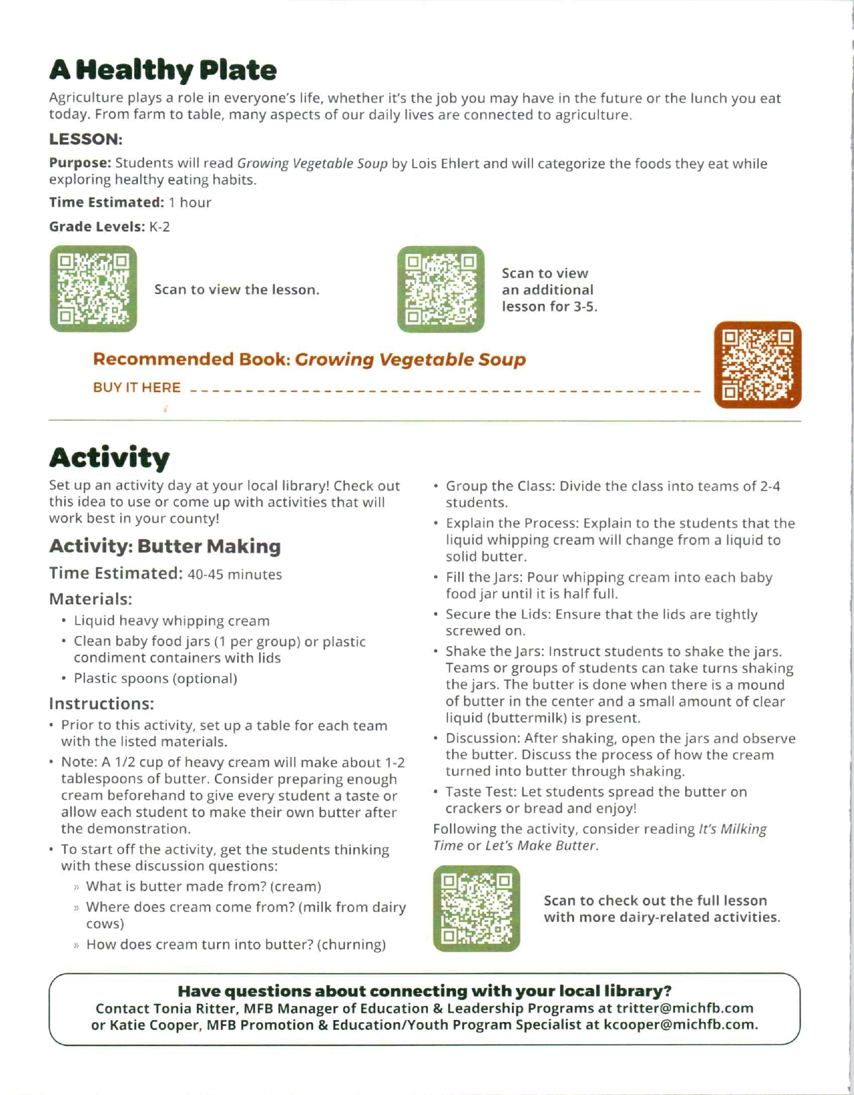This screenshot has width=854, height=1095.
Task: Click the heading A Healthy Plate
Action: pyautogui.click(x=163, y=70)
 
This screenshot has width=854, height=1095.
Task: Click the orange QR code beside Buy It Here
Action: pyautogui.click(x=758, y=365)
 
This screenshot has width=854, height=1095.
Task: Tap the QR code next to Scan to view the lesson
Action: pyautogui.click(x=93, y=289)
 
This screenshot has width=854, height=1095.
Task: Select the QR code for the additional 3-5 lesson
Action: pyautogui.click(x=441, y=289)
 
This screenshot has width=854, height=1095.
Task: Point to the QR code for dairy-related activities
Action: pyautogui.click(x=476, y=909)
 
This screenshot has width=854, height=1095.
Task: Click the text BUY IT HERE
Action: pyautogui.click(x=137, y=388)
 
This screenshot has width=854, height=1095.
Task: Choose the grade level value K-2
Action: pyautogui.click(x=159, y=227)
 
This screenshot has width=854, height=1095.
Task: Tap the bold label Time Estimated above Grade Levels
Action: pyautogui.click(x=106, y=202)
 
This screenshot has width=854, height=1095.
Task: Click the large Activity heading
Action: pyautogui.click(x=109, y=458)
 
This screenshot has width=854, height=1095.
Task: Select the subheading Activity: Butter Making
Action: pyautogui.click(x=165, y=546)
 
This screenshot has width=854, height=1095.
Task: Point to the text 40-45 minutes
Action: pyautogui.click(x=234, y=575)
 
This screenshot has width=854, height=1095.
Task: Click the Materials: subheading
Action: pyautogui.click(x=90, y=599)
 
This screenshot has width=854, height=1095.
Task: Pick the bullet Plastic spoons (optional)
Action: pyautogui.click(x=155, y=679)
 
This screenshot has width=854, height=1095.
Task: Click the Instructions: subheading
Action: pyautogui.click(x=101, y=704)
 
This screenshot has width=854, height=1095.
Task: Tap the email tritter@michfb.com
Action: pyautogui.click(x=685, y=1009)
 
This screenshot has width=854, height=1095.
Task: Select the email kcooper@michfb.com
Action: pyautogui.click(x=680, y=1025)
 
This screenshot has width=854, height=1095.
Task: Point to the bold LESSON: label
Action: pyautogui.click(x=86, y=139)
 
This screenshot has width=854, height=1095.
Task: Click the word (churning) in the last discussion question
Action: pyautogui.click(x=351, y=945)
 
